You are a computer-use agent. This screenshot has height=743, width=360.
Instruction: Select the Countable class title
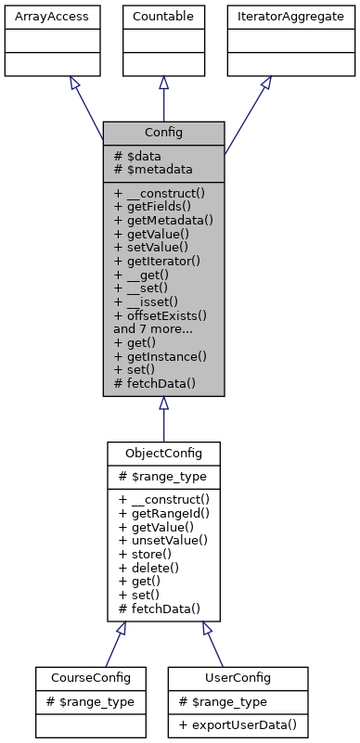pos(163,16)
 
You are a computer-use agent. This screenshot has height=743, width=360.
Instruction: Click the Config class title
pos(163,133)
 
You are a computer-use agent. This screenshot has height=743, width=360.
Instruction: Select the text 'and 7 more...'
pos(154,328)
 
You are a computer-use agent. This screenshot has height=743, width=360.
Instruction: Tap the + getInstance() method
pos(160,355)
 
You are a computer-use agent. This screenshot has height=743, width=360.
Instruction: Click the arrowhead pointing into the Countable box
pos(163,83)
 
